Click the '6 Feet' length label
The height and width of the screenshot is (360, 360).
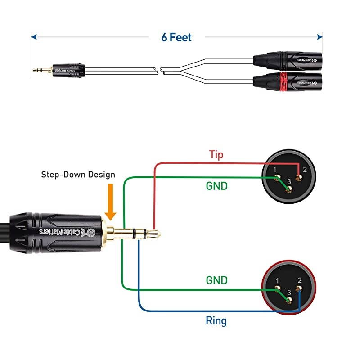coord(177,37)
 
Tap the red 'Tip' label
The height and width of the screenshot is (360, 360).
coord(216,155)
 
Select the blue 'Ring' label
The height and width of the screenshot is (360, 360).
coord(216,321)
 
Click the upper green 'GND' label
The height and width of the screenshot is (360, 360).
coord(216,185)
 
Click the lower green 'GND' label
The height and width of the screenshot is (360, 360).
coord(216,280)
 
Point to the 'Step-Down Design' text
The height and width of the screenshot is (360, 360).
coord(78,175)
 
